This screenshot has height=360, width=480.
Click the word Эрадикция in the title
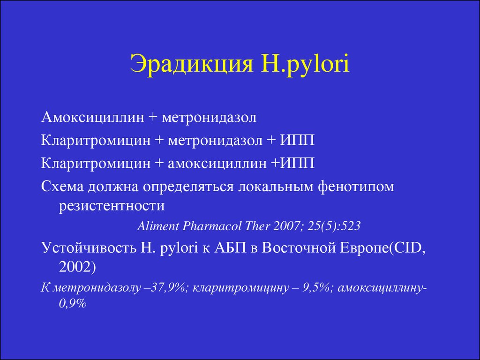point(192,64)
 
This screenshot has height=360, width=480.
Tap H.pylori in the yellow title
point(305,64)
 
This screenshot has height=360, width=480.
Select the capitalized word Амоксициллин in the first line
point(92,117)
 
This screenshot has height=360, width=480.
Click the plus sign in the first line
point(152,118)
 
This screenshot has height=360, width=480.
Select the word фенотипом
point(356,187)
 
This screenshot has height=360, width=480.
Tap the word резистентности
point(112,206)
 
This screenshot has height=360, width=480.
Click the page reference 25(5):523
point(334,226)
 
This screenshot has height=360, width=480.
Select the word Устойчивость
point(89,247)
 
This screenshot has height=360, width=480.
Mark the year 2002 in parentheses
point(75,267)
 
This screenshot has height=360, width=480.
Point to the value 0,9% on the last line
point(73,303)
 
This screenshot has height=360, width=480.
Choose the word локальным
point(276,187)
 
